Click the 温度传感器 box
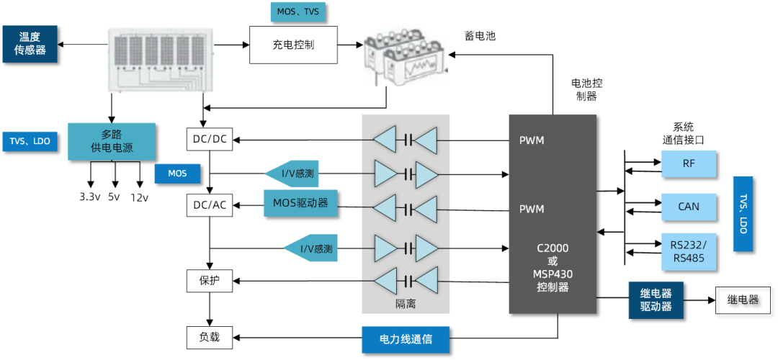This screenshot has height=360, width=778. pos(30,43)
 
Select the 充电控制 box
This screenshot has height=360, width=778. pos(293,45)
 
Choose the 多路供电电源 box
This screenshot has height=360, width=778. pos(112,142)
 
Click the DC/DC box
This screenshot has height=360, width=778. pos(210,139)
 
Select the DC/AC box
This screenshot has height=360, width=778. pos(210,205)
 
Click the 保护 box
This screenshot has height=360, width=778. pos(210,280)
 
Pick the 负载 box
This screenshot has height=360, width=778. pos(210,336)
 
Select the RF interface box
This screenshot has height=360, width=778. pos(689,164)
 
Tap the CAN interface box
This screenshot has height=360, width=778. pos(689,207)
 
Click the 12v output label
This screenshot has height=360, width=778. pos(139,197)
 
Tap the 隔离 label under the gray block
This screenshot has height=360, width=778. pos(406,305)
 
